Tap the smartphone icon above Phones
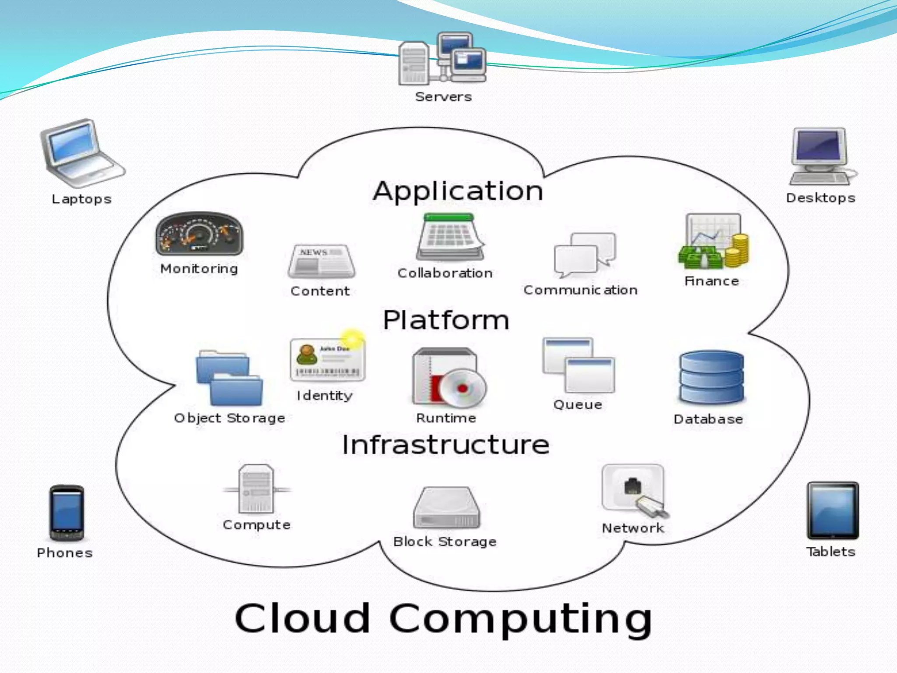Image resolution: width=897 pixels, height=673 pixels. [66, 513]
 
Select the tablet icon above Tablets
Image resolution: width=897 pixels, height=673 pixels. [833, 510]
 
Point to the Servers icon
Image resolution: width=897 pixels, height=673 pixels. [442, 59]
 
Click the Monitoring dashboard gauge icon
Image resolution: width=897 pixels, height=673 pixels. [199, 234]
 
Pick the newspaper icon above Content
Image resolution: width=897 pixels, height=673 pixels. [321, 261]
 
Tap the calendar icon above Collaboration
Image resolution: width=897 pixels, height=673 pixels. [450, 237]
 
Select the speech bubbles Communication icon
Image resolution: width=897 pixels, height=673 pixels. [584, 255]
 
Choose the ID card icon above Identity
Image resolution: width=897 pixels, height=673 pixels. [327, 359]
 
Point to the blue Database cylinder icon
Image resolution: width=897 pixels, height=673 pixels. [711, 377]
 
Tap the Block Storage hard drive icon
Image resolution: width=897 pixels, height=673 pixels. [446, 508]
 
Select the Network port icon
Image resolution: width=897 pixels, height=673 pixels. [634, 491]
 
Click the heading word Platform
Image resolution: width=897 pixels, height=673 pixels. [446, 320]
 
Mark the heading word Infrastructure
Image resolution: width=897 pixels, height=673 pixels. [445, 445]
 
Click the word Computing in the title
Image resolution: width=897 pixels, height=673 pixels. [520, 618]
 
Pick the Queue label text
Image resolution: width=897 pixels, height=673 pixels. [577, 404]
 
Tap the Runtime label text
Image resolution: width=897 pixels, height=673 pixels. [446, 418]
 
